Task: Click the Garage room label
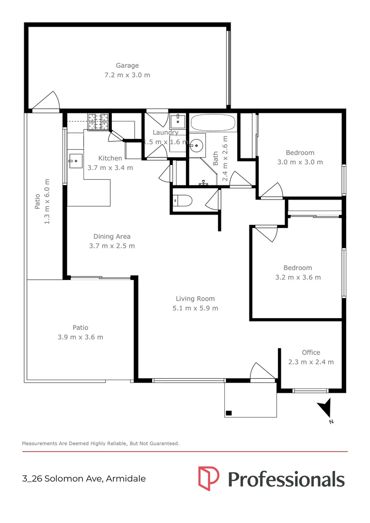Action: [x=127, y=65]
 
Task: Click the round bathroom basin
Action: [x=196, y=145]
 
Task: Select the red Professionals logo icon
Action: [x=209, y=477]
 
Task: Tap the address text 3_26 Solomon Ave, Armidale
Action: [x=84, y=479]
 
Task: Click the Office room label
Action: [x=311, y=353]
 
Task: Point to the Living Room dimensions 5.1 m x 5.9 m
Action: [x=195, y=308]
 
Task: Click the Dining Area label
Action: [x=112, y=236]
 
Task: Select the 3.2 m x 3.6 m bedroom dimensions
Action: [x=297, y=277]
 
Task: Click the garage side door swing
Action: [x=47, y=102]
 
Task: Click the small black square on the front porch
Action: [x=229, y=413]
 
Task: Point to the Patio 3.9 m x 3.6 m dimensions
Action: [x=80, y=337]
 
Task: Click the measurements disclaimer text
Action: [x=101, y=443]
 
